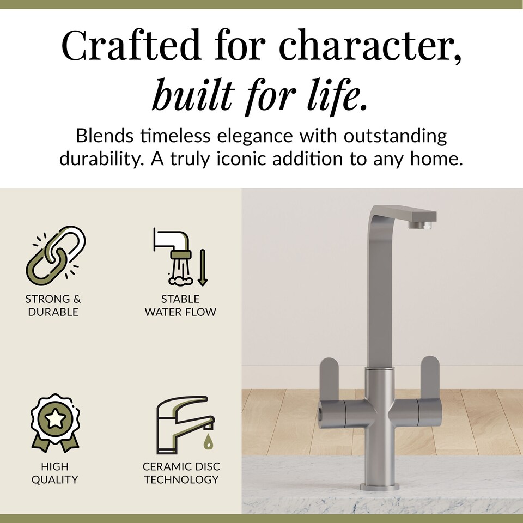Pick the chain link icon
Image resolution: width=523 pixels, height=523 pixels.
click(x=56, y=254)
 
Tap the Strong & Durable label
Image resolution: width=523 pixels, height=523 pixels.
click(x=53, y=305)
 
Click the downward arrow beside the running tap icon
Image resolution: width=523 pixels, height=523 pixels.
click(x=203, y=267)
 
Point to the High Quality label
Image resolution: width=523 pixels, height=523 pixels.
click(x=54, y=473)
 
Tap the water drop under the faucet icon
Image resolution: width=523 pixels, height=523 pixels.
click(x=208, y=442)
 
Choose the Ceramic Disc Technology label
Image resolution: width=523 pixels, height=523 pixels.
click(x=181, y=473)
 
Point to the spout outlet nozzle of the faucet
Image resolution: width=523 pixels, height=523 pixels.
click(x=423, y=224)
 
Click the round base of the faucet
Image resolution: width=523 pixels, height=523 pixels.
click(x=379, y=485)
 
